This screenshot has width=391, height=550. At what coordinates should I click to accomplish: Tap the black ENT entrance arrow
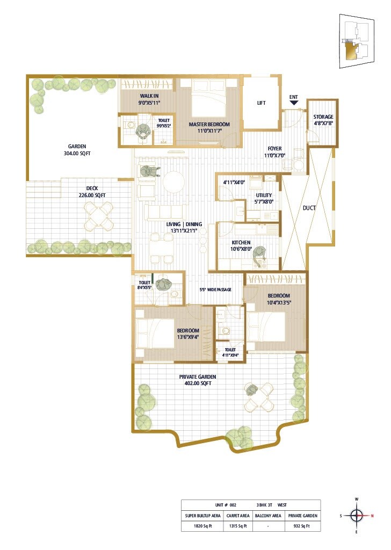pos(293,106)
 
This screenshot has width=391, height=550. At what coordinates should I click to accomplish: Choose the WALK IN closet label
pos(149,99)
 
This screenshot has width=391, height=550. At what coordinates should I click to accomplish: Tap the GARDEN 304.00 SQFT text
pos(77,149)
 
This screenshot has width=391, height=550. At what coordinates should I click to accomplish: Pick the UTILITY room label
pos(264,198)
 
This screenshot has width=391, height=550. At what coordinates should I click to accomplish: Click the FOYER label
pos(273,152)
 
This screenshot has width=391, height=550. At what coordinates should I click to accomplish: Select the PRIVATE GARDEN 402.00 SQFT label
pos(195,380)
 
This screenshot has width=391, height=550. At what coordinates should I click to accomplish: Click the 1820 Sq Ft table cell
pos(202,526)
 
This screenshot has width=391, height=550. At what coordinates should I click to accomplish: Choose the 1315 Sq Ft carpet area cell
pos(237,526)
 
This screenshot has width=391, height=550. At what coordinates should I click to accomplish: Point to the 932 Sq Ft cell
pos(302,526)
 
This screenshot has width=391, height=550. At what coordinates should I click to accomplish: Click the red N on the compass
pos(372,516)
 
